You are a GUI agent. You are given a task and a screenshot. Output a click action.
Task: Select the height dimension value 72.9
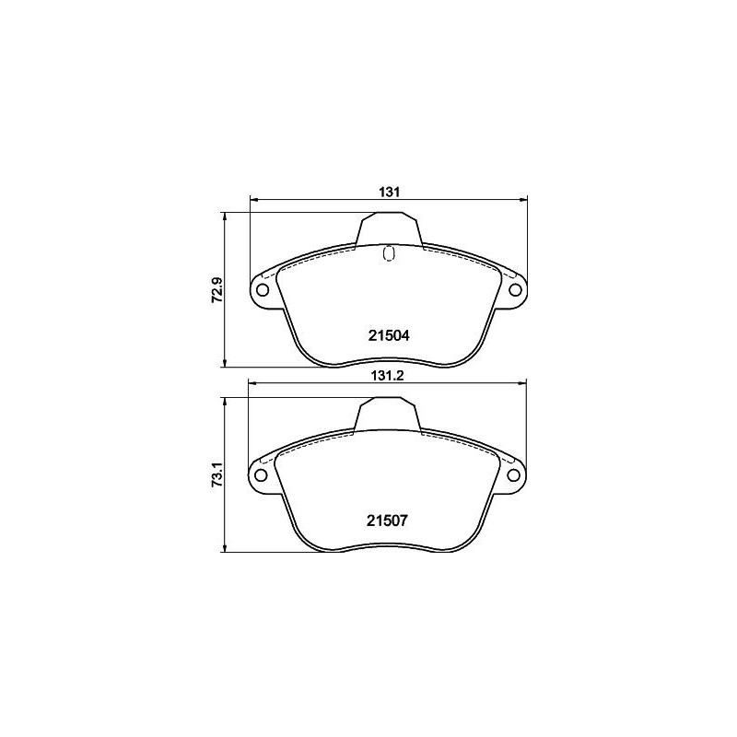pyautogui.click(x=217, y=289)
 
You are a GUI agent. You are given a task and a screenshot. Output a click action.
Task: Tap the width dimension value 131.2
pyautogui.click(x=388, y=377)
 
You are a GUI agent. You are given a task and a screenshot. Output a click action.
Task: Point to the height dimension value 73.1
pyautogui.click(x=217, y=474)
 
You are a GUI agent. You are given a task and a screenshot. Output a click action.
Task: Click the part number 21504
pyautogui.click(x=388, y=336)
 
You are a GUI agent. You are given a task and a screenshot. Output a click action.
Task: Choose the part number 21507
pyautogui.click(x=388, y=520)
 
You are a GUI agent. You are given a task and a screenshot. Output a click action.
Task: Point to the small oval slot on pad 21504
pyautogui.click(x=388, y=252)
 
